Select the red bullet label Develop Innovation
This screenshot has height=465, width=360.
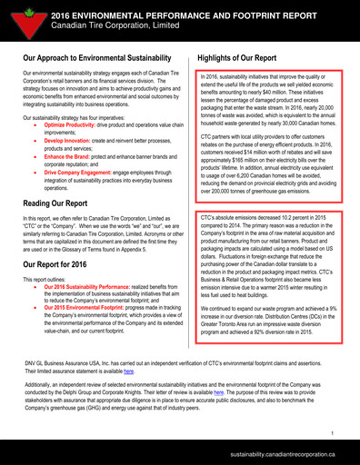(69, 142)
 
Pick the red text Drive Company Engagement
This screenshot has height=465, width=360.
(83, 171)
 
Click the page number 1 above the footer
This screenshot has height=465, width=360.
(333, 434)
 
